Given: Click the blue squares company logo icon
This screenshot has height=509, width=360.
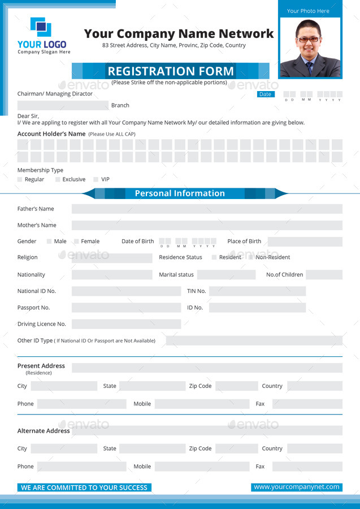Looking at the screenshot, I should pyautogui.click(x=41, y=27).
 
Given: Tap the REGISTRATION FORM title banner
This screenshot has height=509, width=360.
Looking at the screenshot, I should pyautogui.click(x=170, y=71).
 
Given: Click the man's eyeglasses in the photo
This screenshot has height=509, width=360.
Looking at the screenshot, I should pyautogui.click(x=309, y=40).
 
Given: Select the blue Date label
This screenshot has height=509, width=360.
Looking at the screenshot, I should pyautogui.click(x=265, y=94).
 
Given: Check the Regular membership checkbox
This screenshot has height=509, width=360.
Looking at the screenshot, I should pyautogui.click(x=20, y=179).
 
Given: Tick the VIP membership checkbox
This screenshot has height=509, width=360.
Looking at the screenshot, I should pyautogui.click(x=96, y=179).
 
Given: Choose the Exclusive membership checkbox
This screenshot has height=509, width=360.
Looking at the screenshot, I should pyautogui.click(x=58, y=179).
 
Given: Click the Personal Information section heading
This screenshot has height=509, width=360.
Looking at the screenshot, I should pyautogui.click(x=180, y=193).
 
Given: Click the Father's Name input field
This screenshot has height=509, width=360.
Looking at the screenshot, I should pyautogui.click(x=207, y=209).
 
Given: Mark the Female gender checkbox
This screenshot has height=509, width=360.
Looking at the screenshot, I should pyautogui.click(x=76, y=241).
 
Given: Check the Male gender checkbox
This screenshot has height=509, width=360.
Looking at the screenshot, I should pyautogui.click(x=49, y=241).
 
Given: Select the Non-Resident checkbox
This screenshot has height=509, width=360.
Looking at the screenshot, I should pyautogui.click(x=251, y=257).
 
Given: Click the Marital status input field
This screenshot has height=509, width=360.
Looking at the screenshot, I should pyautogui.click(x=226, y=275).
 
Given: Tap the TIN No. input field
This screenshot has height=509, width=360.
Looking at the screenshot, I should pyautogui.click(x=257, y=291).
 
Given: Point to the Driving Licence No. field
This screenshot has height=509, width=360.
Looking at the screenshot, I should pyautogui.click(x=126, y=324).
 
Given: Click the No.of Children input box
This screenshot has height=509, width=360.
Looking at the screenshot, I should pyautogui.click(x=324, y=275).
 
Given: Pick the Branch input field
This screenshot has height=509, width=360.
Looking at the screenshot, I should pyautogui.click(x=63, y=105).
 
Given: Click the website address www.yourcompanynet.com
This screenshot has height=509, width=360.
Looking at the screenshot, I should pyautogui.click(x=297, y=487).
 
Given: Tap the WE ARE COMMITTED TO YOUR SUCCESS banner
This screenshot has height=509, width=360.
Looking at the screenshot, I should pyautogui.click(x=84, y=488).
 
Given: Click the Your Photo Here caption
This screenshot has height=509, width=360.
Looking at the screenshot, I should pyautogui.click(x=308, y=11).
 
